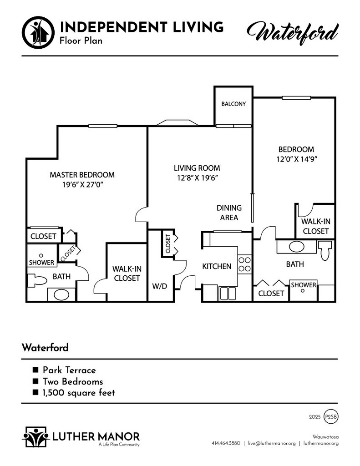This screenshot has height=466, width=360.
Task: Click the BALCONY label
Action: pyautogui.click(x=233, y=104)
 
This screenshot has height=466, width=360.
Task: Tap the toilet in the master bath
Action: pyautogui.click(x=37, y=280)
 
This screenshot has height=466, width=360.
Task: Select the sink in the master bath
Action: pyautogui.click(x=61, y=294)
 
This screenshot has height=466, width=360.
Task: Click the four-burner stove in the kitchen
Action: pyautogui.click(x=245, y=264)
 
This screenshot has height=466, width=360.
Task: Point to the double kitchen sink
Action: pyautogui.click(x=228, y=294)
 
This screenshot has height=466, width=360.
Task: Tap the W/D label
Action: pyautogui.click(x=160, y=287)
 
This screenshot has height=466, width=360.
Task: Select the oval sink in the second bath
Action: pyautogui.click(x=296, y=247)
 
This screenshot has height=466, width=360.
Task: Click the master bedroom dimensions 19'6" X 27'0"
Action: pyautogui.click(x=82, y=185)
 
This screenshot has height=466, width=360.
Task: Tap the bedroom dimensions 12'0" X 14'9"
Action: pyautogui.click(x=297, y=159)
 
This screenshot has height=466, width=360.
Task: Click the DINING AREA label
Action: pyautogui.click(x=229, y=213)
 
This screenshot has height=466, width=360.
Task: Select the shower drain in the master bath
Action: pyautogui.click(x=41, y=255)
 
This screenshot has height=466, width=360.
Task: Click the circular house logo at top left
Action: pyautogui.click(x=38, y=32)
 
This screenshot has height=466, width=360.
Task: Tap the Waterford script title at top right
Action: pyautogui.click(x=293, y=33)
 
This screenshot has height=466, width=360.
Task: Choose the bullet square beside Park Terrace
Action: pyautogui.click(x=35, y=370)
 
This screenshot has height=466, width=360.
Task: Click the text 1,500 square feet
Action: pyautogui.click(x=79, y=393)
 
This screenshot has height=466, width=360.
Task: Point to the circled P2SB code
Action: pyautogui.click(x=331, y=417)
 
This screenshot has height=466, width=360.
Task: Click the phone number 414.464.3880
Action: pyautogui.click(x=226, y=443)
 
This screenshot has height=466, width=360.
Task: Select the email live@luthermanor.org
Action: pyautogui.click(x=272, y=443)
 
